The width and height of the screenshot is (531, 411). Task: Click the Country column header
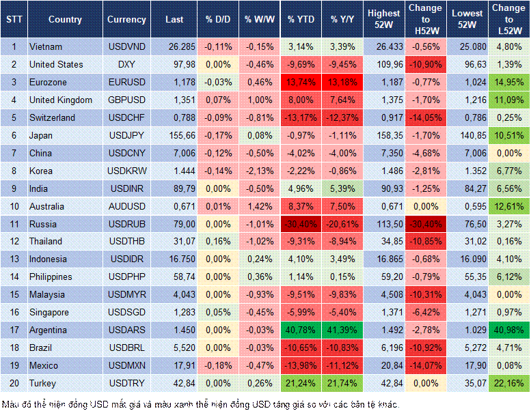click(x=65, y=20)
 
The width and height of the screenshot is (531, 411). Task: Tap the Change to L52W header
click(x=509, y=20)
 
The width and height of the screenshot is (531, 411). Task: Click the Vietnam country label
click(x=45, y=46)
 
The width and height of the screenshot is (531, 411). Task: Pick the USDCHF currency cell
click(x=126, y=117)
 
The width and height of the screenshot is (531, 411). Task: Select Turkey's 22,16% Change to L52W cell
click(x=509, y=384)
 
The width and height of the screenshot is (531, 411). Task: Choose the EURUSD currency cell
click(x=126, y=82)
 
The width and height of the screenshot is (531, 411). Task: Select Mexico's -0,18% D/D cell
click(x=218, y=366)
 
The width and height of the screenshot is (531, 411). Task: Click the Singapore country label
click(x=50, y=313)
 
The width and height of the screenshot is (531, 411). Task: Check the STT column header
click(x=14, y=20)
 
